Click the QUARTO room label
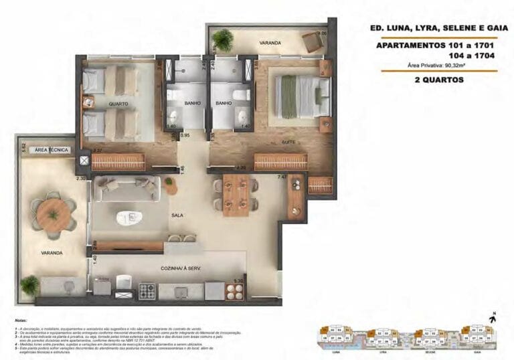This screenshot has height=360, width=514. pyautogui.click(x=118, y=104)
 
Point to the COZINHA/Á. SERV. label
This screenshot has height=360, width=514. pyautogui.click(x=181, y=268)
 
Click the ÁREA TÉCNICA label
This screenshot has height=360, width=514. pyautogui.click(x=52, y=151)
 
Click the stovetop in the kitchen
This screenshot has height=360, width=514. pyautogui.click(x=147, y=291)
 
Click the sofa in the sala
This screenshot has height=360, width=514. pyautogui.click(x=126, y=189)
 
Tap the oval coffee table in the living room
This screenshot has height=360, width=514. pyautogui.click(x=127, y=217)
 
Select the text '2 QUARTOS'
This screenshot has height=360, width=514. pyautogui.click(x=438, y=80)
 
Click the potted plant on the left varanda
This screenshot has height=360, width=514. pyautogui.click(x=29, y=286)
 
